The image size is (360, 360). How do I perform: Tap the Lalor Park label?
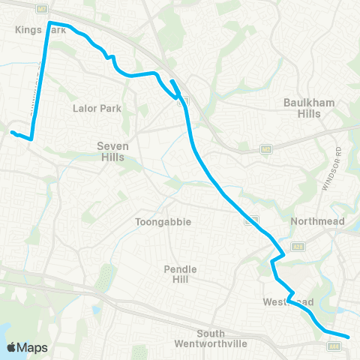click(92, 109)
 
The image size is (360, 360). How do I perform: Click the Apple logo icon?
click(13, 347)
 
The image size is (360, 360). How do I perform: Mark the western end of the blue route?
click(11, 133)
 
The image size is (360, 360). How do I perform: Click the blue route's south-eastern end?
click(349, 337)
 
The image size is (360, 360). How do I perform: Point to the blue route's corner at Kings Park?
click(50, 22)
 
